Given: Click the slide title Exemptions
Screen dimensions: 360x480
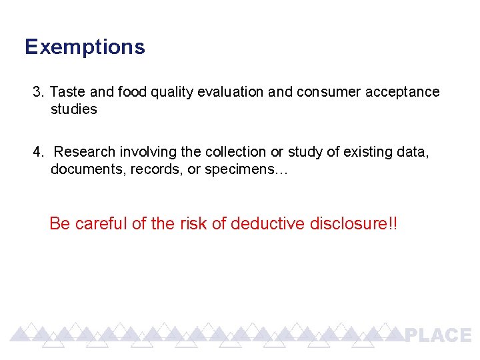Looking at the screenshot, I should (85, 47).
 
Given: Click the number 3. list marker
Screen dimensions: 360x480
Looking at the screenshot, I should (38, 91).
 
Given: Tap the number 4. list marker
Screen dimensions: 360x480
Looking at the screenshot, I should (38, 152).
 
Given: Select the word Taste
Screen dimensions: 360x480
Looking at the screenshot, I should (66, 91).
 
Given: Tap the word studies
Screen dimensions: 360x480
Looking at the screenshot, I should (73, 109).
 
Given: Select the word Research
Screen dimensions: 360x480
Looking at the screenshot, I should (84, 152).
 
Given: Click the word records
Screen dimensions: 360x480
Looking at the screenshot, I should (157, 169).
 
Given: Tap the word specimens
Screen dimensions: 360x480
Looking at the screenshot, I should (244, 170).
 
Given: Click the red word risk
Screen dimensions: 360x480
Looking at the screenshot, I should (193, 223).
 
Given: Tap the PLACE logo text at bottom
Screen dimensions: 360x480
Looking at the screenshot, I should (439, 335).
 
